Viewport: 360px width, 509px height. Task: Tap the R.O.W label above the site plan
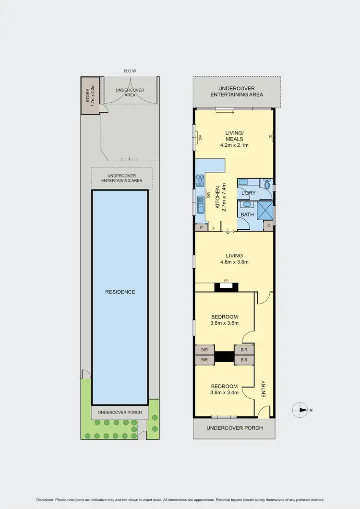coord(130,71)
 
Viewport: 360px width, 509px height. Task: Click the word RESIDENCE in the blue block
coord(120,292)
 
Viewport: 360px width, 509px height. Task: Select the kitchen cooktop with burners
coord(200,180)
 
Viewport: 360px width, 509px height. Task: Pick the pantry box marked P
coord(201,228)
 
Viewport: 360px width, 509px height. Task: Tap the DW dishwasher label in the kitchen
coord(209,194)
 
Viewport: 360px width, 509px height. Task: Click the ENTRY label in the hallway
coord(263,389)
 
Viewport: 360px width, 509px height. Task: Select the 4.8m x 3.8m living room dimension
coord(234,262)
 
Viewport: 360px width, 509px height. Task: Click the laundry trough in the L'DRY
coord(242,182)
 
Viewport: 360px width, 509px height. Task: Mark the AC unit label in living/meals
coord(199,138)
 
